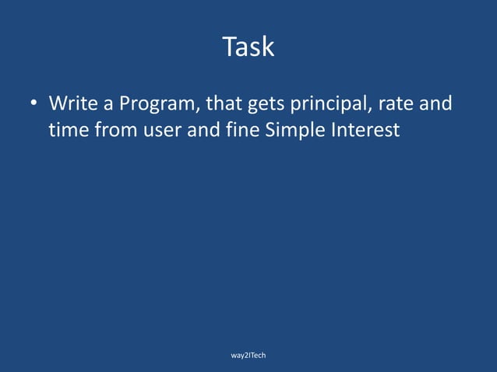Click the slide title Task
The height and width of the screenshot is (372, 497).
(248, 47)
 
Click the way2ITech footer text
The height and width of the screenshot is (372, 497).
(248, 355)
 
